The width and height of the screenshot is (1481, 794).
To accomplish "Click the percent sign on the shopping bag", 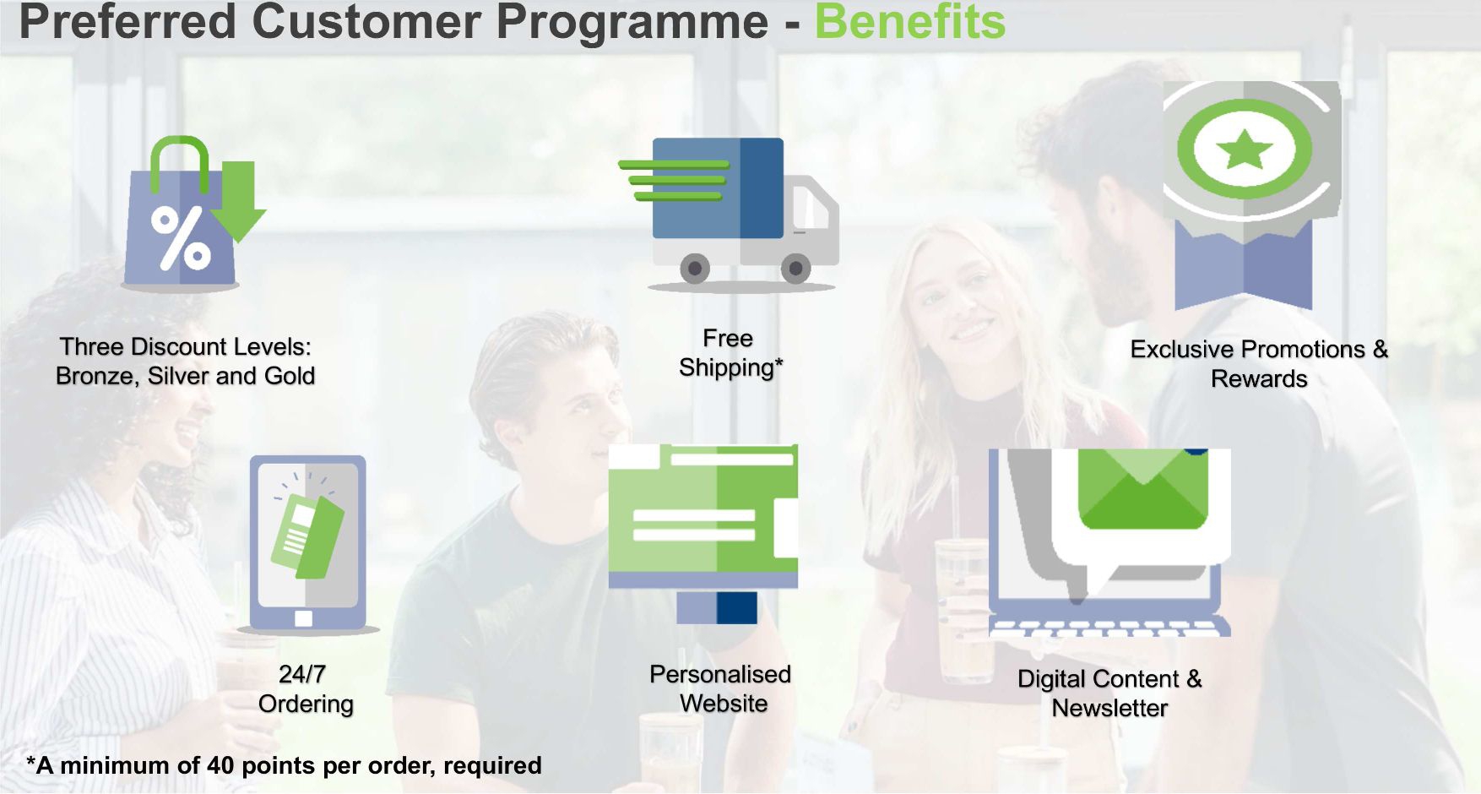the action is click(181, 239).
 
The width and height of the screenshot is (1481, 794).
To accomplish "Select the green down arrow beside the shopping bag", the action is click(239, 201).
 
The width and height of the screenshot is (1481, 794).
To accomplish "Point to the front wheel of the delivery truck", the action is click(795, 269).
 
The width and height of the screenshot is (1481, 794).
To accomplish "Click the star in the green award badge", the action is click(1245, 150).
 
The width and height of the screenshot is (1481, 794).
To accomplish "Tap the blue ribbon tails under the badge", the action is click(1244, 266).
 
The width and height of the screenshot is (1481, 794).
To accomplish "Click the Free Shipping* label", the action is click(730, 353).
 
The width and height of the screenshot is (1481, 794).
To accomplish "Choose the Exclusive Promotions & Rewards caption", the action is click(1259, 364).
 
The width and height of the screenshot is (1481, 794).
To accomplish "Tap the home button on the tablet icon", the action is click(304, 618).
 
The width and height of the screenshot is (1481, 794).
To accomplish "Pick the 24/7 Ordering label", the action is click(306, 689).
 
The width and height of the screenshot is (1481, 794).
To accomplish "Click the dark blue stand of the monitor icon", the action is click(736, 607).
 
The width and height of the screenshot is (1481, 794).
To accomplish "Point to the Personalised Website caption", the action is click(721, 688).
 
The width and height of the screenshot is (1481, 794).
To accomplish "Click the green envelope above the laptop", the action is click(1142, 489).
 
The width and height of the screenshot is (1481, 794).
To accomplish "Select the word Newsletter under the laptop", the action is click(1109, 708).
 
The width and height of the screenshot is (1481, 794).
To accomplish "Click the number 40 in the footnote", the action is click(220, 765).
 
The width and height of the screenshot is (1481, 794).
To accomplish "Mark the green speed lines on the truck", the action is click(674, 180).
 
